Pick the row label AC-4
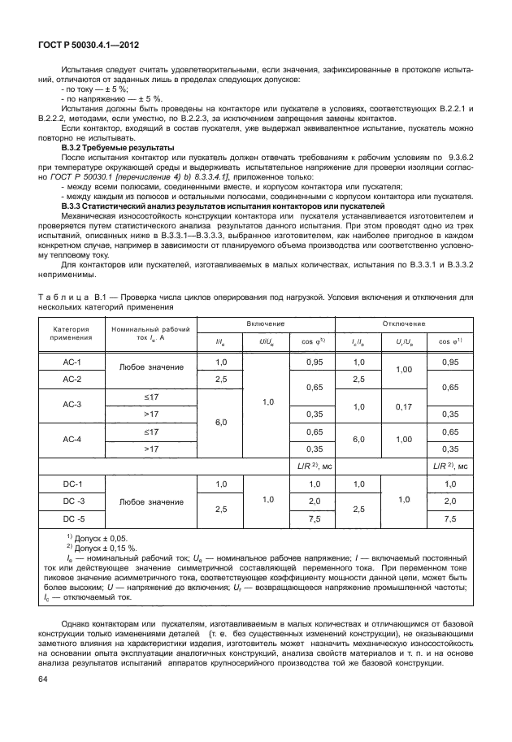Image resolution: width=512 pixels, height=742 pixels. click(x=72, y=439)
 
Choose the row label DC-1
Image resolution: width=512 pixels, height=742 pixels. click(x=72, y=484)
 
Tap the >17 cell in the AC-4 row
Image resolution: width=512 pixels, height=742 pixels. click(x=150, y=448)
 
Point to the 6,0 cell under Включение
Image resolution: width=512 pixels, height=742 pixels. click(x=219, y=422)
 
